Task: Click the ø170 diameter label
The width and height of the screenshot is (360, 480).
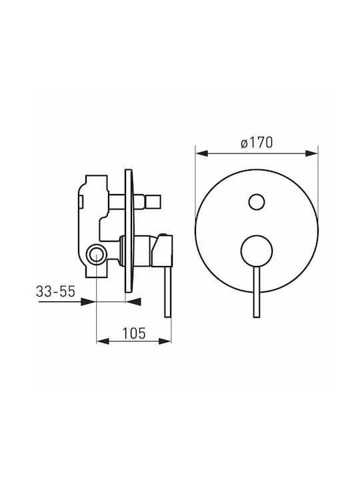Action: coord(257,143)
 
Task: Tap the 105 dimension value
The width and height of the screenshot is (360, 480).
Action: coord(134,333)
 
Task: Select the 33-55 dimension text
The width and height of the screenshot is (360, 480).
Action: coord(55,291)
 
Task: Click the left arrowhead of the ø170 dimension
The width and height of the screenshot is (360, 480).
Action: coord(202,153)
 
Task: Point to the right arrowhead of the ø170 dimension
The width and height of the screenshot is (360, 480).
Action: coord(312,153)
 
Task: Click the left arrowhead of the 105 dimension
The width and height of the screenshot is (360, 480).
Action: coord(103,341)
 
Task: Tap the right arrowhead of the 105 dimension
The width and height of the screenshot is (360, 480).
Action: coord(165,341)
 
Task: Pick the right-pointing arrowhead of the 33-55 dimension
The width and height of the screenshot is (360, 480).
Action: coord(88,302)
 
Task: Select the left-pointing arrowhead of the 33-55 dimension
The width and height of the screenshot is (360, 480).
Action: coord(134,302)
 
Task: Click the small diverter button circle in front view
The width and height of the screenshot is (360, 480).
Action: coord(257,202)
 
